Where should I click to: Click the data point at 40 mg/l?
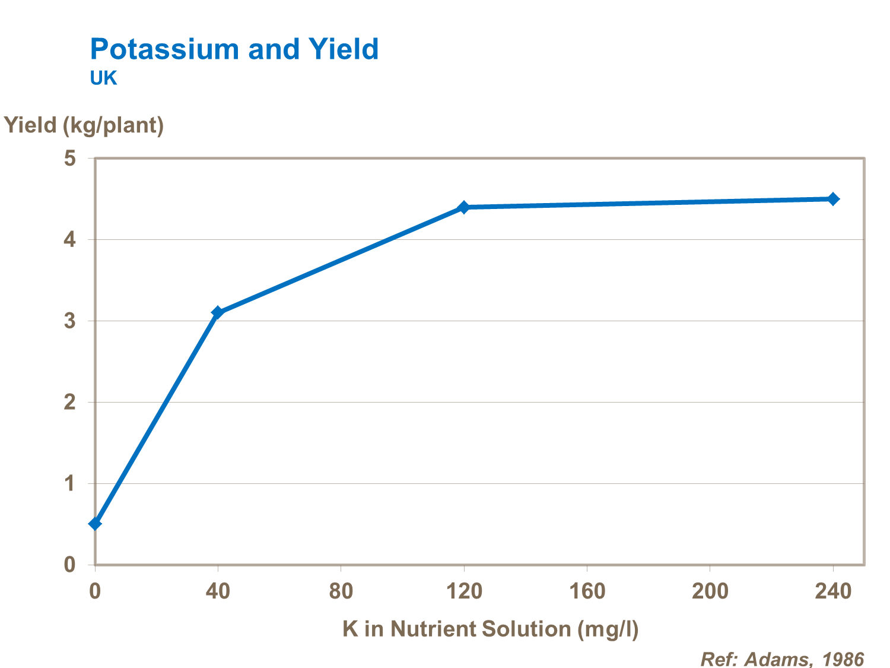tap(218, 312)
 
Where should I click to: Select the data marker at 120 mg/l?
tap(464, 207)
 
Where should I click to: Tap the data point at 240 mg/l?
tap(833, 199)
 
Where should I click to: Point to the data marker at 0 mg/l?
tap(95, 524)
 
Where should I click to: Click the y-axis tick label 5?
tap(70, 159)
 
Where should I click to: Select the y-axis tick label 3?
tap(70, 321)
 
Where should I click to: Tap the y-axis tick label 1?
tap(70, 484)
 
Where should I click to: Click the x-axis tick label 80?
tap(341, 591)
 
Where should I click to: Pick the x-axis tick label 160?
tap(587, 591)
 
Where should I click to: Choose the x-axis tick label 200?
tap(710, 591)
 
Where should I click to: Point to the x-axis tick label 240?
tap(833, 591)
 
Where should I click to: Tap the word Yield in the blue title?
tap(344, 49)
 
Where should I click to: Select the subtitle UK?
tap(103, 78)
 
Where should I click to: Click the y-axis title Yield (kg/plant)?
tap(84, 125)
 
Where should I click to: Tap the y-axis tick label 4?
tap(70, 240)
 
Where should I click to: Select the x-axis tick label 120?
tap(464, 591)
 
